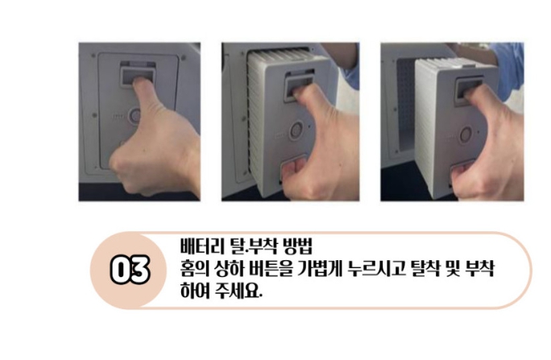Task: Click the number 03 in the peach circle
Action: click(130, 271)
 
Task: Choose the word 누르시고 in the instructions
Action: click(375, 269)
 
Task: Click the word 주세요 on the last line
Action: click(239, 292)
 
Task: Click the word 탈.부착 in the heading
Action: click(249, 246)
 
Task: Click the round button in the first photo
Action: click(135, 116)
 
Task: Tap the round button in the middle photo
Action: click(296, 130)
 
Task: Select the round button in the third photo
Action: click(466, 134)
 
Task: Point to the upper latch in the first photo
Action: click(137, 73)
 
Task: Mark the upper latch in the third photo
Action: click(469, 91)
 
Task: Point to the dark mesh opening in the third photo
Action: click(405, 106)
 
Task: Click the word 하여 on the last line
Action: click(195, 292)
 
